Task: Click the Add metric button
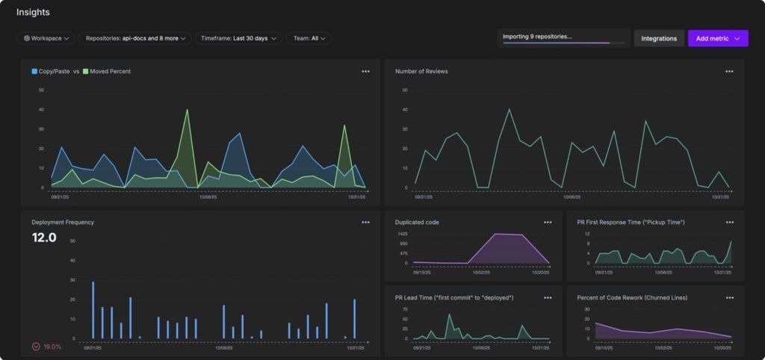(717, 38)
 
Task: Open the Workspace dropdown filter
(46, 38)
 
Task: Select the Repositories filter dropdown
(136, 38)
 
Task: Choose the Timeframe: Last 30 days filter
(238, 38)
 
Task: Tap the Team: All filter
(309, 38)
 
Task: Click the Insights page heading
(33, 12)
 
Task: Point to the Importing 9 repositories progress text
(537, 36)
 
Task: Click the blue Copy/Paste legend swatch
(34, 72)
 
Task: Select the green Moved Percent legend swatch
(86, 72)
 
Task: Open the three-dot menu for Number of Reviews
(729, 72)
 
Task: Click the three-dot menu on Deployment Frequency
(365, 223)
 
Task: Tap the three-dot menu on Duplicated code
(548, 223)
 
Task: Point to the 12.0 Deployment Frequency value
(43, 238)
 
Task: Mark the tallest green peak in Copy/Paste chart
(187, 110)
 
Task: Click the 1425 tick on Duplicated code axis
(402, 234)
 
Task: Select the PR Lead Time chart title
(453, 297)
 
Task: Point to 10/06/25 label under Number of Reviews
(571, 197)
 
